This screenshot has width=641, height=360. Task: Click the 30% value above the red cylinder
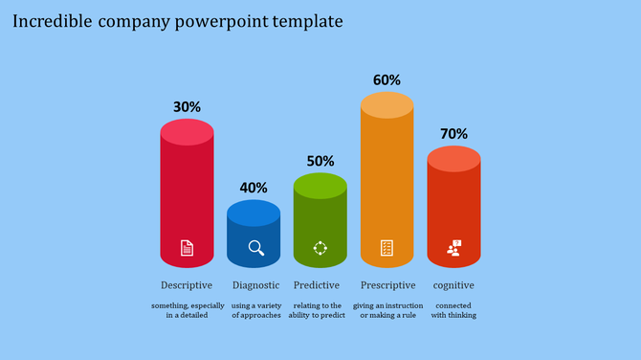click(x=187, y=107)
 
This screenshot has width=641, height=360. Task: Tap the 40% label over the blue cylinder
click(x=254, y=188)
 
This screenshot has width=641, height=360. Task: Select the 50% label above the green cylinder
click(x=320, y=161)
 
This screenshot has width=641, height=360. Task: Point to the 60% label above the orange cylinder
click(x=387, y=80)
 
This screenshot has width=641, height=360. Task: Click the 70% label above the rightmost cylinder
click(x=453, y=134)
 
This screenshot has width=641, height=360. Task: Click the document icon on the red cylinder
click(x=187, y=248)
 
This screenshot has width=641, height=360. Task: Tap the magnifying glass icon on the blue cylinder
click(x=255, y=248)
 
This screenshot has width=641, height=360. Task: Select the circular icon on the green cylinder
click(x=320, y=248)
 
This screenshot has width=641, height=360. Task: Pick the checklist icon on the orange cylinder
click(x=387, y=248)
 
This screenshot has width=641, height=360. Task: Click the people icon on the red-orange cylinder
click(x=453, y=248)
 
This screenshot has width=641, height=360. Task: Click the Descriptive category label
click(x=187, y=285)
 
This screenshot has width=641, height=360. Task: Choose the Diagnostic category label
click(x=256, y=285)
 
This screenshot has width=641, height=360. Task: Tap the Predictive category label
click(x=317, y=285)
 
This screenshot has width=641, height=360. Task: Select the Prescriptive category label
click(x=387, y=285)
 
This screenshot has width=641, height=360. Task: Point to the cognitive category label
click(x=453, y=285)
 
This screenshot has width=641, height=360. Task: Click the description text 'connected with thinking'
click(x=453, y=310)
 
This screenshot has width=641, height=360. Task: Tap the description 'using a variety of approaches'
click(x=256, y=310)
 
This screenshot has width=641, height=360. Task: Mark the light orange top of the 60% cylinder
click(x=387, y=105)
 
